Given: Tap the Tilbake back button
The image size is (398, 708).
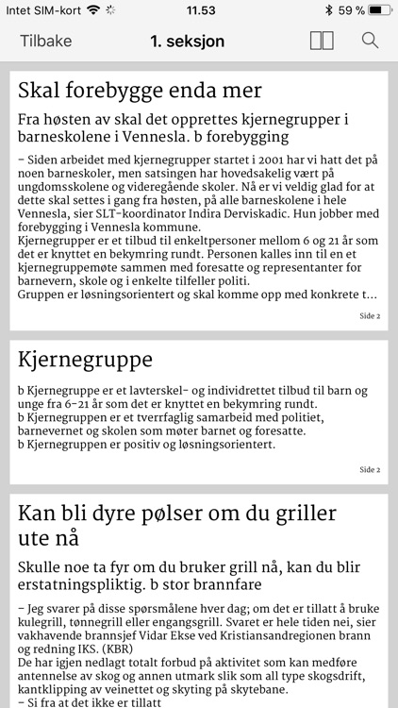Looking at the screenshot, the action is pyautogui.click(x=44, y=41).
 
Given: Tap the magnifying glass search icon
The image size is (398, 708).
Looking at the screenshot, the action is pyautogui.click(x=370, y=41).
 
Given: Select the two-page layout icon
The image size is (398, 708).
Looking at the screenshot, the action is pyautogui.click(x=322, y=41).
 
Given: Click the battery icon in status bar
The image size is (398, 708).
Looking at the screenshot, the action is pyautogui.click(x=379, y=10).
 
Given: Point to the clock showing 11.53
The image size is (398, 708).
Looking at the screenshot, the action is pyautogui.click(x=200, y=10).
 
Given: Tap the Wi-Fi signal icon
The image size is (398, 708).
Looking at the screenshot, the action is pyautogui.click(x=92, y=10).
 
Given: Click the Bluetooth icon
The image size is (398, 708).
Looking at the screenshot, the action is pyautogui.click(x=328, y=10).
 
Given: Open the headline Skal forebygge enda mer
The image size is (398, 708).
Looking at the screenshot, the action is pyautogui.click(x=140, y=91).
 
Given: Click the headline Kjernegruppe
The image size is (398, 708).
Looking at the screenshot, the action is pyautogui.click(x=85, y=360).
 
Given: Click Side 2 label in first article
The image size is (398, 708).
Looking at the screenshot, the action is pyautogui.click(x=370, y=315).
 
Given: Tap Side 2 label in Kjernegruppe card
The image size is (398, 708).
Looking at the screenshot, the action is pyautogui.click(x=370, y=469).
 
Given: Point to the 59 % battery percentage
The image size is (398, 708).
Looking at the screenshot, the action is pyautogui.click(x=352, y=10).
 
